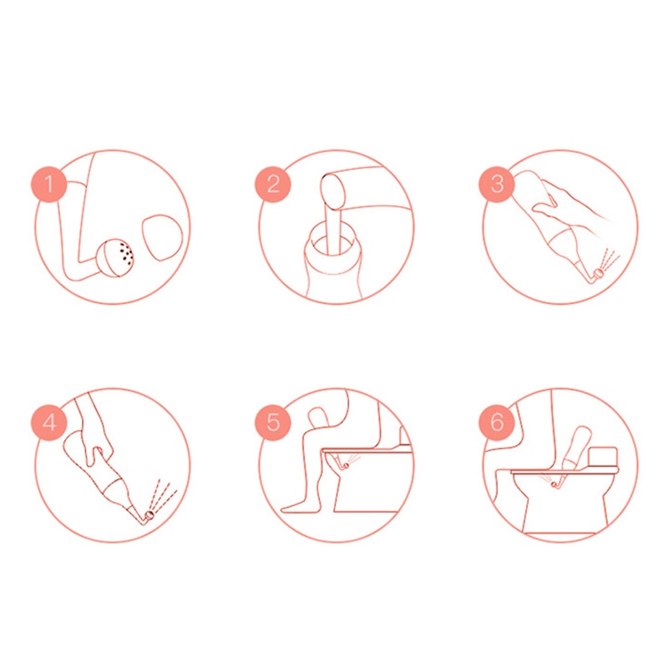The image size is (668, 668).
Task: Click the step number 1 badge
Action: point(49,184)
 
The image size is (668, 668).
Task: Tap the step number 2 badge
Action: point(273,184)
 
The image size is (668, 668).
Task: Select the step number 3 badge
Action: point(497,184)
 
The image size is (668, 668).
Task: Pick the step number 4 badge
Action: point(49,423)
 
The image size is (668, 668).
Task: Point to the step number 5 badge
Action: point(273,423)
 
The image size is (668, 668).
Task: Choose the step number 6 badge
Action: point(497,423)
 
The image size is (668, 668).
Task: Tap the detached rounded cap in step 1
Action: point(162,237)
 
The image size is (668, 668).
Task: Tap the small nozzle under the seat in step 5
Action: point(346,465)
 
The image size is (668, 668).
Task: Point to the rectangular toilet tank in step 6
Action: point(602,456)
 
